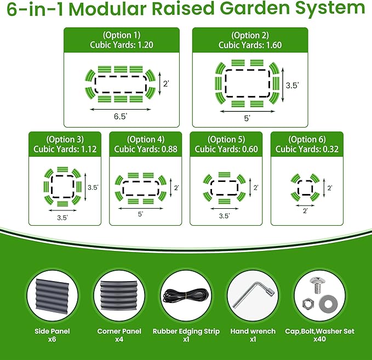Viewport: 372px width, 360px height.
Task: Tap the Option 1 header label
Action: click(x=121, y=36)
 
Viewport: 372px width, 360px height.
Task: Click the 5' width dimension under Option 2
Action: click(x=247, y=118)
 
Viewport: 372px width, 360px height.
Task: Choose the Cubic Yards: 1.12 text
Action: click(x=65, y=149)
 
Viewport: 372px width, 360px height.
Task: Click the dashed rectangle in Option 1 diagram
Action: click(x=121, y=84)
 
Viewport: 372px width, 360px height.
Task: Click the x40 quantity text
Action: click(x=320, y=339)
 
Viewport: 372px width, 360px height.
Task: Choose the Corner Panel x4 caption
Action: click(x=119, y=335)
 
